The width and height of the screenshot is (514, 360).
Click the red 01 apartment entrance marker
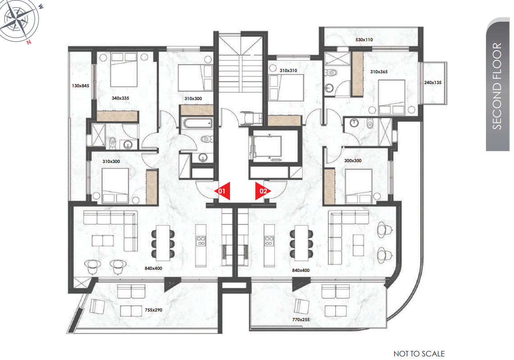[222, 191]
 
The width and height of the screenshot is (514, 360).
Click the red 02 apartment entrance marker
[263, 191]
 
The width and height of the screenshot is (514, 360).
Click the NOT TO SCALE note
[419, 354]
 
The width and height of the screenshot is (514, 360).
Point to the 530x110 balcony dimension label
[364, 40]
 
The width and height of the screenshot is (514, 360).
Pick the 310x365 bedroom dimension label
[379, 72]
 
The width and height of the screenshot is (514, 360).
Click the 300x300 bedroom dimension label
[353, 161]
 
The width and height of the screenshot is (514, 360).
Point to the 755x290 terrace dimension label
[153, 310]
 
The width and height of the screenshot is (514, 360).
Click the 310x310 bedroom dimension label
[288, 70]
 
